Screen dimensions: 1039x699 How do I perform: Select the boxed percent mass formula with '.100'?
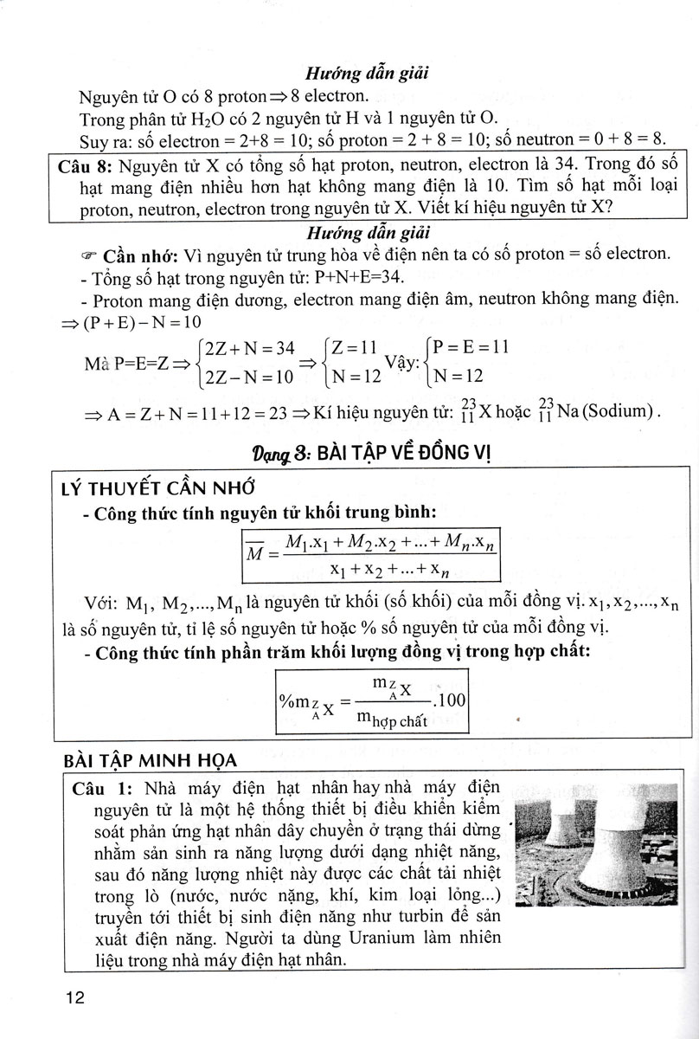[x=372, y=700]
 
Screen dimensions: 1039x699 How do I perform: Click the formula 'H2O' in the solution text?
[x=208, y=119]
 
